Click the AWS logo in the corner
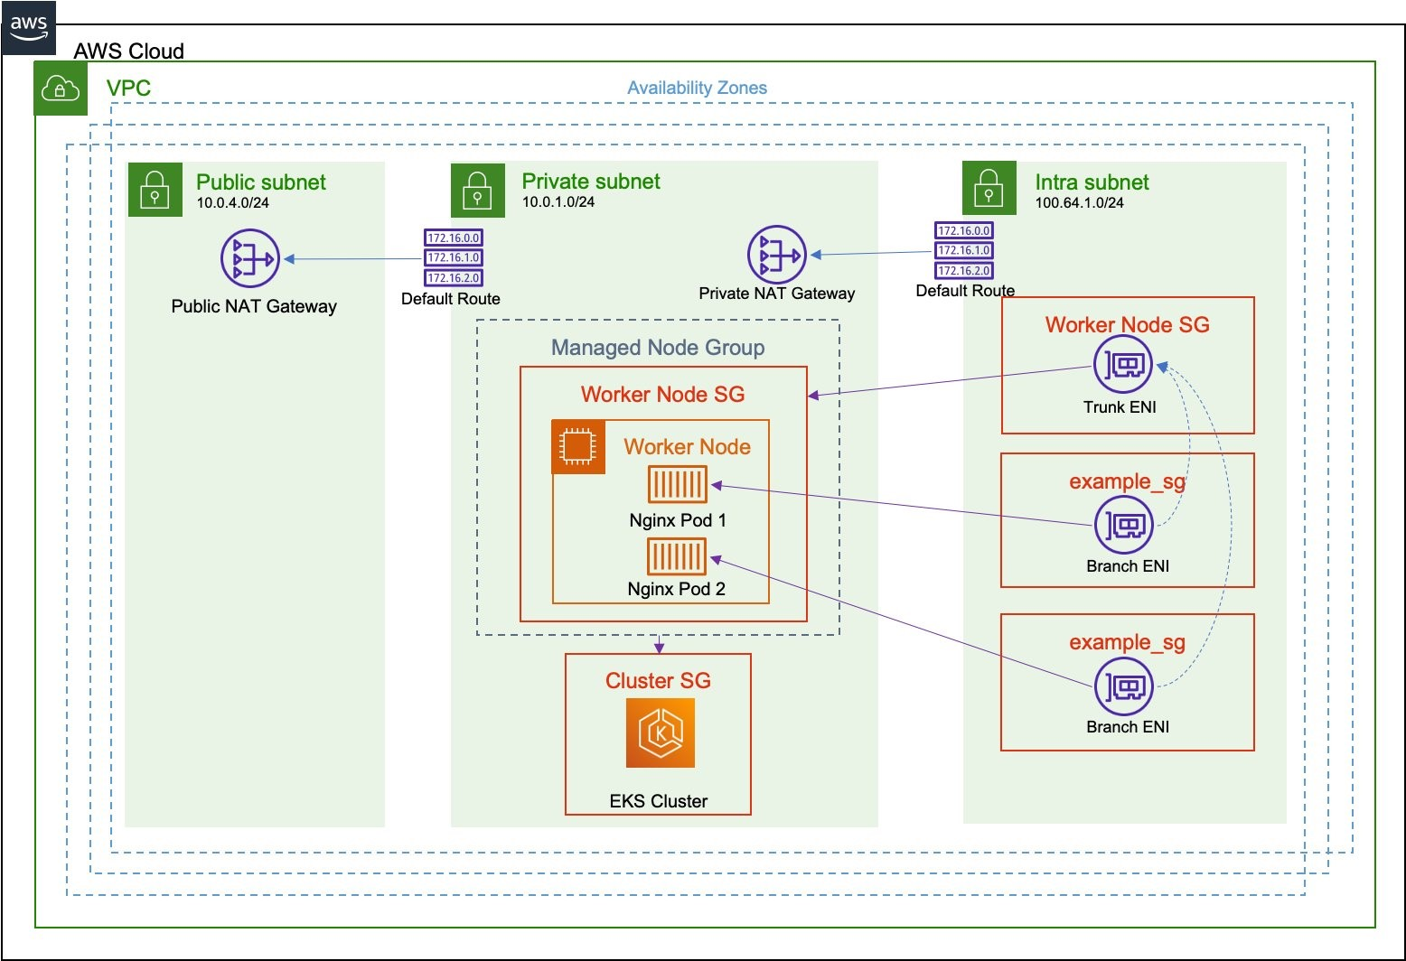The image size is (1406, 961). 29,27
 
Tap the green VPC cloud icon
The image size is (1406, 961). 61,89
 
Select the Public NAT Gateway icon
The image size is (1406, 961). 250,259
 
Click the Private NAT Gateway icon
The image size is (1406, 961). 776,255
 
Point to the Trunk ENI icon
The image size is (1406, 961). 1122,365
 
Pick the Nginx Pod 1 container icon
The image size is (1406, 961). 677,485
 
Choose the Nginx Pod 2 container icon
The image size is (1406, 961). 677,555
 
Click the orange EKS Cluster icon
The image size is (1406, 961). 660,732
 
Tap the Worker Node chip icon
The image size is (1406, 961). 578,447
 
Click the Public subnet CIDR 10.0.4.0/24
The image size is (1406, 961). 233,203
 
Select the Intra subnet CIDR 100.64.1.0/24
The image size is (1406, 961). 1079,203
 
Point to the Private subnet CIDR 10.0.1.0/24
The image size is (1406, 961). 558,202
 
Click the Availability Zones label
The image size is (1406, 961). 697,89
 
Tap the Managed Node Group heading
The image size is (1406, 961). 658,348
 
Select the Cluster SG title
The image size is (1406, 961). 658,681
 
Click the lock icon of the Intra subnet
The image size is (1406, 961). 989,189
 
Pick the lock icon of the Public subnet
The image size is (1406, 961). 155,190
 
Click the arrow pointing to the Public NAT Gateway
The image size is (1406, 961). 352,259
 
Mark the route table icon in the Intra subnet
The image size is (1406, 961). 963,251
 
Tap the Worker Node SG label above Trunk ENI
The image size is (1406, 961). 1127,325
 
